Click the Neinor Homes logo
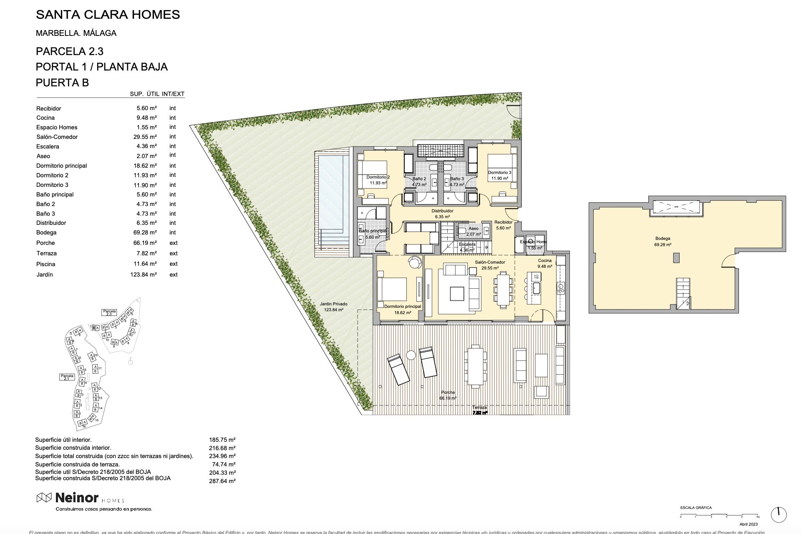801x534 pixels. (80, 498)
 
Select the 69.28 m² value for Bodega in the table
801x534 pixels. (144, 233)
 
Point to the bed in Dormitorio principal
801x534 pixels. (392, 289)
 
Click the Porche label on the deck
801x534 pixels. (448, 393)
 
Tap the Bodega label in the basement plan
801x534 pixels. (662, 239)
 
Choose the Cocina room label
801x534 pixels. (544, 261)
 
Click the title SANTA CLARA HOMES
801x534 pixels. (108, 15)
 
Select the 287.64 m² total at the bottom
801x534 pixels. (222, 481)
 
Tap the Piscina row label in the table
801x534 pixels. (45, 264)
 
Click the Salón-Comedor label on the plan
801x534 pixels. (490, 262)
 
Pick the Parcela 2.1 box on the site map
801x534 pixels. (67, 377)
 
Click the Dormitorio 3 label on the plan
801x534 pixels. (499, 173)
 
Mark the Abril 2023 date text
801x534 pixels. (748, 524)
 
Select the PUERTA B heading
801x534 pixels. (62, 83)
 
